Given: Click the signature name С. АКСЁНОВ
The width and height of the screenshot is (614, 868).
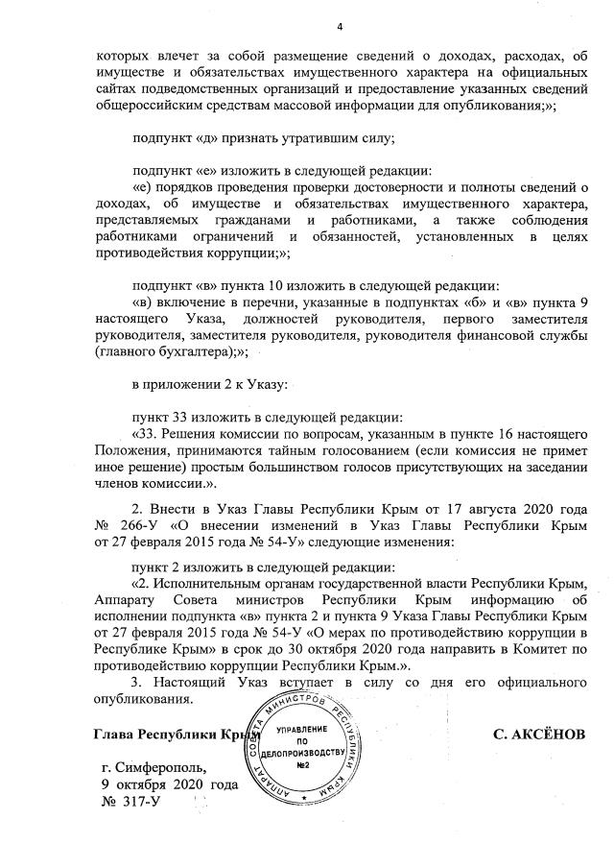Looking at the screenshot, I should [x=539, y=735].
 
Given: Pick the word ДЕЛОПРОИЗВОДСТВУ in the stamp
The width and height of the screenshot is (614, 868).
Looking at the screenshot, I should [x=301, y=754].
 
